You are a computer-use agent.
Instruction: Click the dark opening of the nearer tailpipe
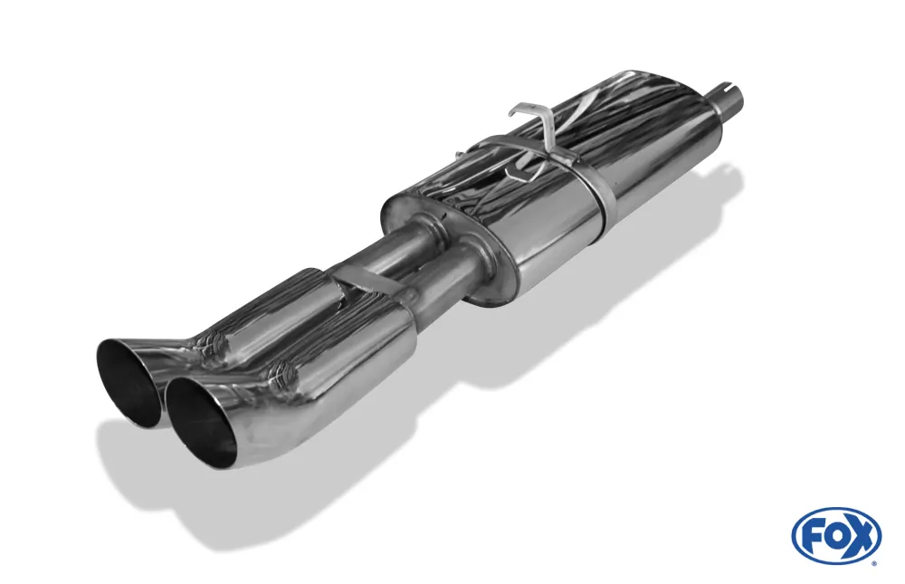point(201,418)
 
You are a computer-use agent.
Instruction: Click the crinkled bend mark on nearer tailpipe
point(282,371)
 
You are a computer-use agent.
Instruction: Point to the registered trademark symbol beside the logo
point(873,563)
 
